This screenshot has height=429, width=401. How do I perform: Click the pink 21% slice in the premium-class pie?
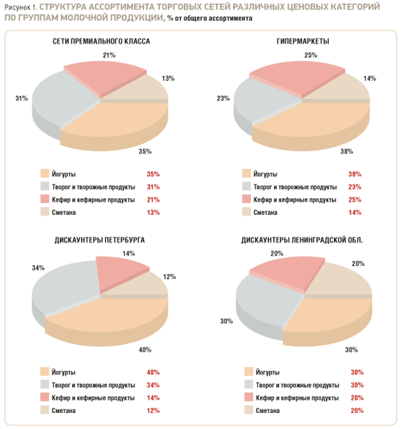(104, 79)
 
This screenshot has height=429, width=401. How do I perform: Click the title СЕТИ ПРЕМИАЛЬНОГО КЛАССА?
(101, 42)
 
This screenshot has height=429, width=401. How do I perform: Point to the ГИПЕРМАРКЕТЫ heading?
(303, 42)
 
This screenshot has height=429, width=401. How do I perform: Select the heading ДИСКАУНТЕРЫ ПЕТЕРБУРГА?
(99, 240)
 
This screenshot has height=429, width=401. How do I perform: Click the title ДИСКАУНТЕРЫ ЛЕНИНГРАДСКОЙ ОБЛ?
(302, 240)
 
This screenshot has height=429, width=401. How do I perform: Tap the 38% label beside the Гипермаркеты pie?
(346, 151)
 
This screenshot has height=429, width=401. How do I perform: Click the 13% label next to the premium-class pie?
(168, 78)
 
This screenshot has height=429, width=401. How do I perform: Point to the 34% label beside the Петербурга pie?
(38, 267)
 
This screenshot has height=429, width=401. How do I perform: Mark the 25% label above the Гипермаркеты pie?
(311, 55)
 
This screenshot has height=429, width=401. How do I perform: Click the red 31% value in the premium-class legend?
(153, 187)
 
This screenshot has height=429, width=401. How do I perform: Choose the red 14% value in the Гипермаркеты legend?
(355, 212)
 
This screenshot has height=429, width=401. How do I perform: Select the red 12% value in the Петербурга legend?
(153, 410)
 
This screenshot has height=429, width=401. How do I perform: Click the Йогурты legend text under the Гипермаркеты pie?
(265, 174)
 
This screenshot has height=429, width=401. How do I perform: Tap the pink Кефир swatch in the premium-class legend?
(44, 199)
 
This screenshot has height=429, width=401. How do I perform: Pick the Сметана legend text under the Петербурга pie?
(63, 410)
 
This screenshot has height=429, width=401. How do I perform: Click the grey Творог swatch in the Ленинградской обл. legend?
(249, 385)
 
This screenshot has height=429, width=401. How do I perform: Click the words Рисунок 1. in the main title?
(20, 7)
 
